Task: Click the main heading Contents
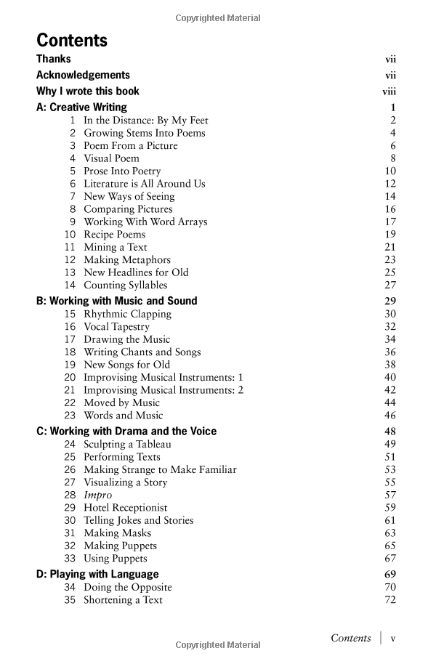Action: pyautogui.click(x=72, y=40)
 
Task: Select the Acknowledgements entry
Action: pyautogui.click(x=83, y=75)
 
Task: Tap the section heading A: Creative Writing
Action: pyautogui.click(x=81, y=108)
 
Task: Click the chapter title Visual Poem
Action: pyautogui.click(x=111, y=158)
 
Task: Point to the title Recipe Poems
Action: pyautogui.click(x=114, y=235)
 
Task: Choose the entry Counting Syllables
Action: pyautogui.click(x=125, y=286)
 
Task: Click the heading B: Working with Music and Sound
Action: pyautogui.click(x=116, y=301)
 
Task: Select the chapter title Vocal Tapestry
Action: pyautogui.click(x=116, y=327)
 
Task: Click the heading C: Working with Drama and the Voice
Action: pyautogui.click(x=126, y=431)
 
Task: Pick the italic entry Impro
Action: pyautogui.click(x=97, y=495)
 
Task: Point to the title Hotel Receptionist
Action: pyautogui.click(x=125, y=508)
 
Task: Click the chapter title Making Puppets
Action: pyautogui.click(x=120, y=546)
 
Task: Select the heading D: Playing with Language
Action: pyautogui.click(x=97, y=574)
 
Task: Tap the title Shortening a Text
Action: pyautogui.click(x=123, y=600)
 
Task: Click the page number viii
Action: pyautogui.click(x=389, y=92)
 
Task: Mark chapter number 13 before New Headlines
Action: pyautogui.click(x=70, y=272)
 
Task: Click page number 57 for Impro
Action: pyautogui.click(x=390, y=495)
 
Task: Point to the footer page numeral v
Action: pyautogui.click(x=393, y=638)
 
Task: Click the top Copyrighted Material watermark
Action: pyautogui.click(x=218, y=18)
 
